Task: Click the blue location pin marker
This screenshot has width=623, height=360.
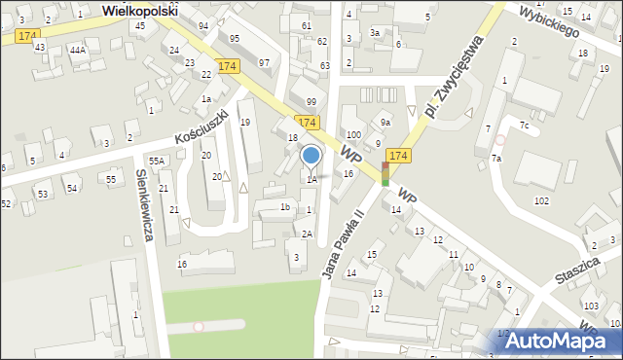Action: point(311,156)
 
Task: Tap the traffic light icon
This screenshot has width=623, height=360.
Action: point(385,175)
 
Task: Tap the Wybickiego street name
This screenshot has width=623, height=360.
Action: point(550,18)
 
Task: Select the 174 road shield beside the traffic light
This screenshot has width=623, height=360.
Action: point(398,156)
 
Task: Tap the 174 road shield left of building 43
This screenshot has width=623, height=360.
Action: point(26,35)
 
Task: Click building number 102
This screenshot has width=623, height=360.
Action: point(541,199)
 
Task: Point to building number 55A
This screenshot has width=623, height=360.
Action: point(156,160)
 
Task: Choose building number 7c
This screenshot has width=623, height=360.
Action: point(524,126)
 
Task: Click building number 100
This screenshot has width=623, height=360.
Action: point(353,134)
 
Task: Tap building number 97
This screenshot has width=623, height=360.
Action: point(264,62)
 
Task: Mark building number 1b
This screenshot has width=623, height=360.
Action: point(285,206)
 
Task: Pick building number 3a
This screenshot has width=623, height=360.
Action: point(375,32)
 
